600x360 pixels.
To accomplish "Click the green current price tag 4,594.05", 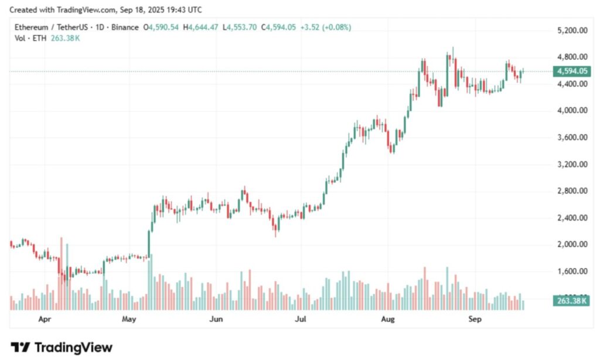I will (572, 71).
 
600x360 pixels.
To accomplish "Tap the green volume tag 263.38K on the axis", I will (571, 301).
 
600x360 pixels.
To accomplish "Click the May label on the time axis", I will (129, 320).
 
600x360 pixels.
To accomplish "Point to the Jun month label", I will (216, 320).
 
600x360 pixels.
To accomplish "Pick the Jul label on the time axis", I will (301, 320).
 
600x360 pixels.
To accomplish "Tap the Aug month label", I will (387, 320).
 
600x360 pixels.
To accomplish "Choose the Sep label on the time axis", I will (475, 320).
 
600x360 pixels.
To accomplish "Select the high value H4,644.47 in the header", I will (201, 28).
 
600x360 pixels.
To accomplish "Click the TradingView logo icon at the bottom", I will (21, 348).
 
